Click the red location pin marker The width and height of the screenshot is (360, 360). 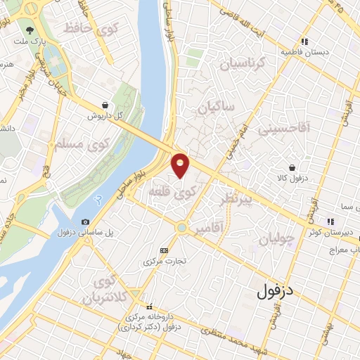[181, 165]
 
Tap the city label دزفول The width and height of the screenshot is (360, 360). [279, 289]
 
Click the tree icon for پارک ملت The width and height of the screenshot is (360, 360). [30, 31]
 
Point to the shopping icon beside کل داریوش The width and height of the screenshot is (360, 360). [105, 104]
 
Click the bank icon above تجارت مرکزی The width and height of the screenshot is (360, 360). [165, 250]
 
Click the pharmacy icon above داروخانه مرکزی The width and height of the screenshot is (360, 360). [148, 307]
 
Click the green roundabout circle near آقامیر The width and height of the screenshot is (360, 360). [182, 227]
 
